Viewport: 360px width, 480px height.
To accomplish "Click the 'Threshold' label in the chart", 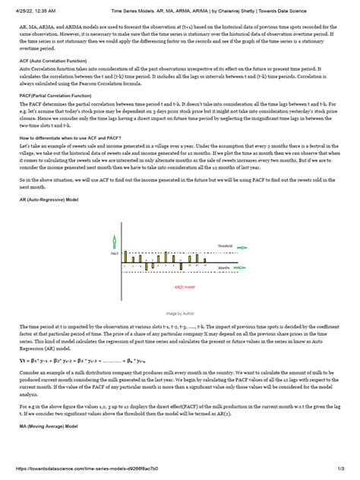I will coord(225,246).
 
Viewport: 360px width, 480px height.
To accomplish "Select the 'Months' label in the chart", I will coord(224,267).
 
